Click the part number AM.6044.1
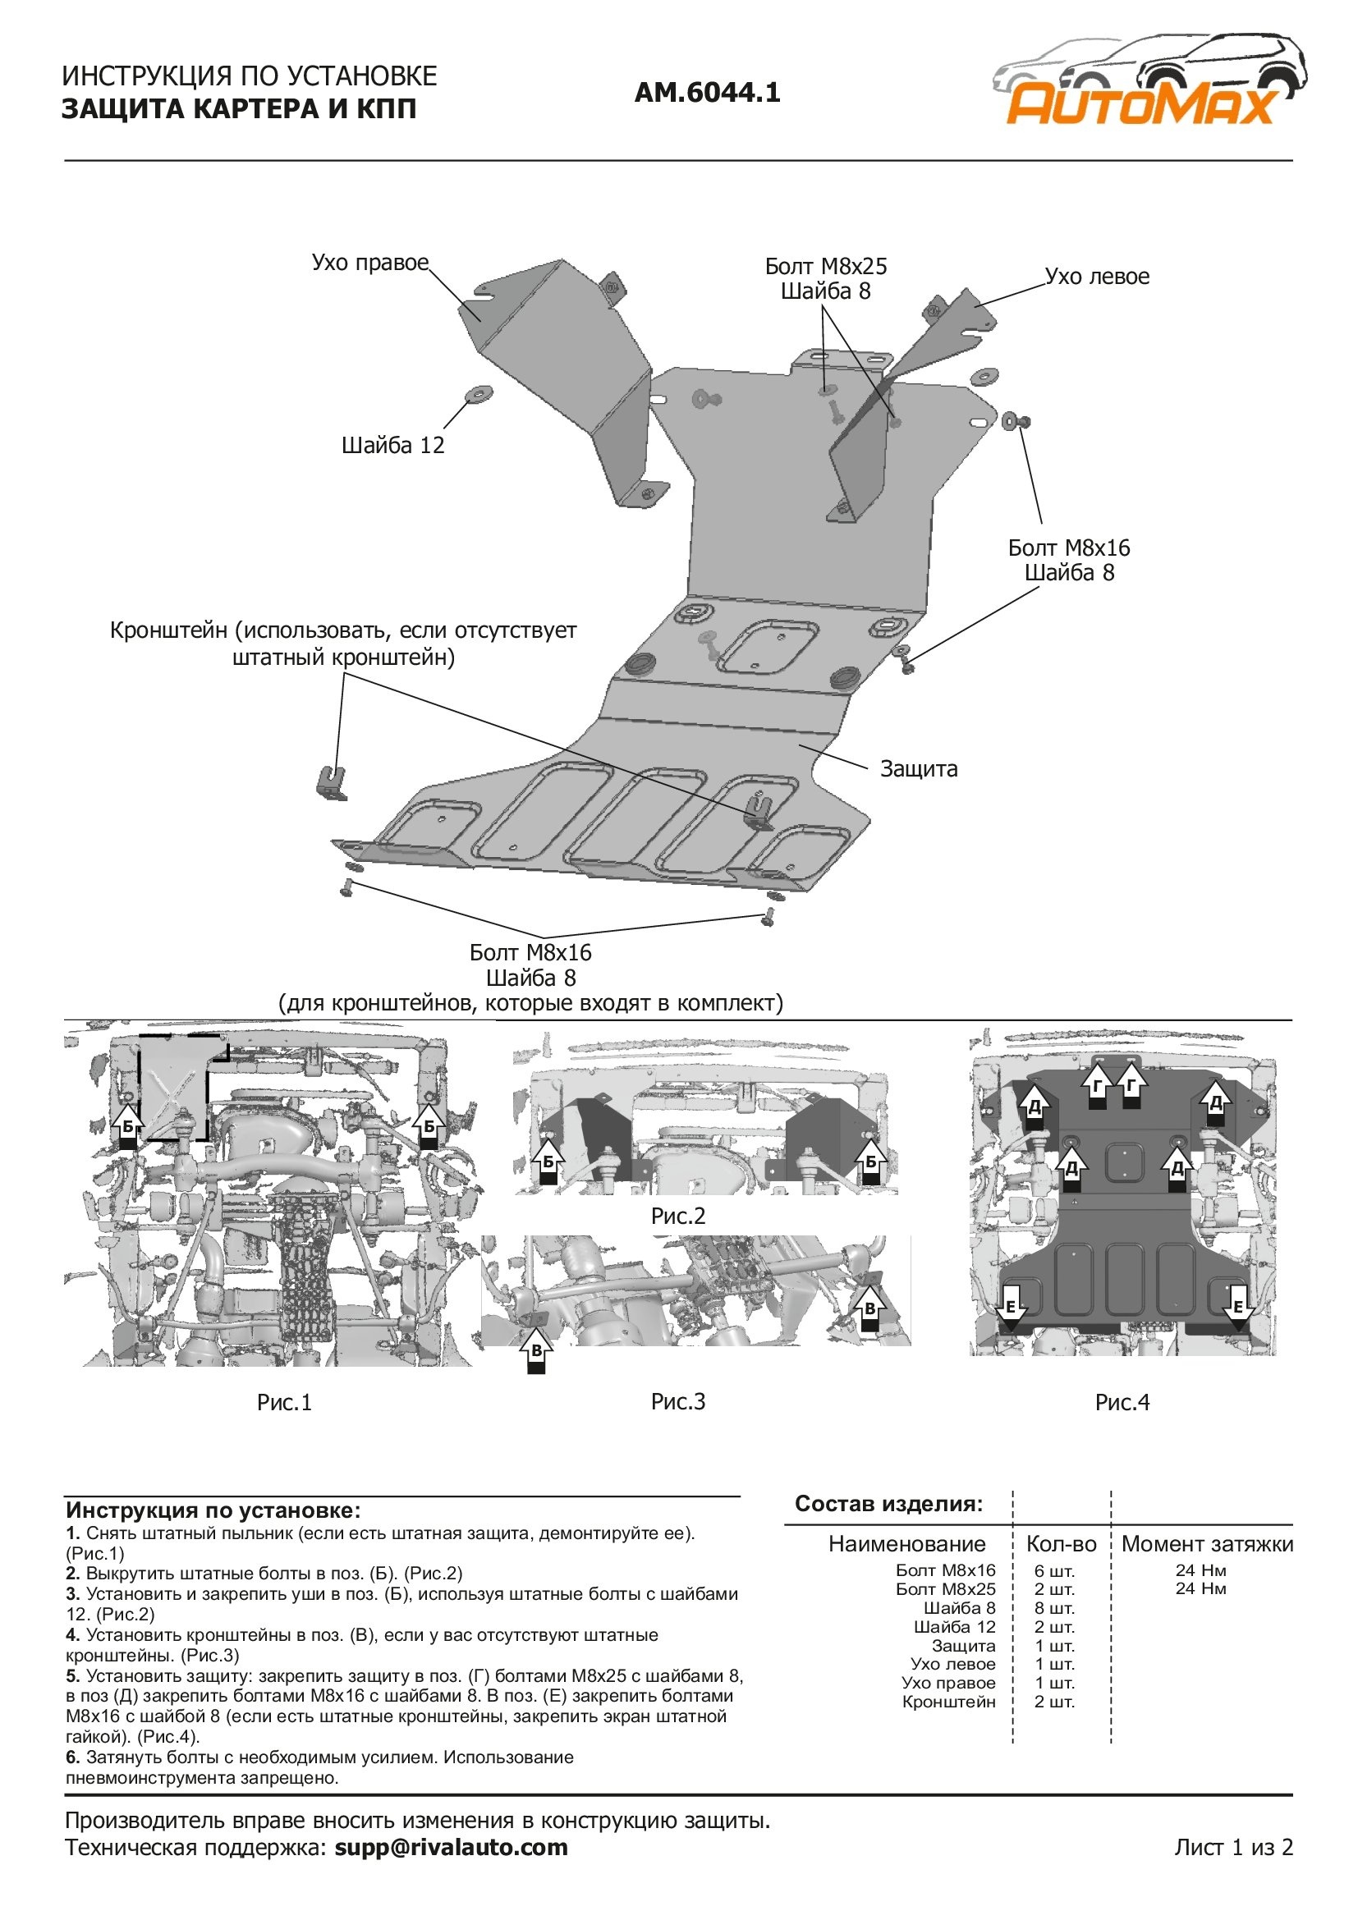pyautogui.click(x=708, y=92)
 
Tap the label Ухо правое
pyautogui.click(x=369, y=263)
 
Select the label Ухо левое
pyautogui.click(x=1097, y=277)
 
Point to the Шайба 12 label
pyautogui.click(x=392, y=445)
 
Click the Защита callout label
pyautogui.click(x=918, y=769)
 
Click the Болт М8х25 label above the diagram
pyautogui.click(x=825, y=267)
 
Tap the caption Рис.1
pyautogui.click(x=284, y=1402)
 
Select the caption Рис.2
pyautogui.click(x=678, y=1216)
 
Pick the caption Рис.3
pyautogui.click(x=678, y=1401)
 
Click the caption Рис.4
pyautogui.click(x=1122, y=1402)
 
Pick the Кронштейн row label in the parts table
pyautogui.click(x=948, y=1702)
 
